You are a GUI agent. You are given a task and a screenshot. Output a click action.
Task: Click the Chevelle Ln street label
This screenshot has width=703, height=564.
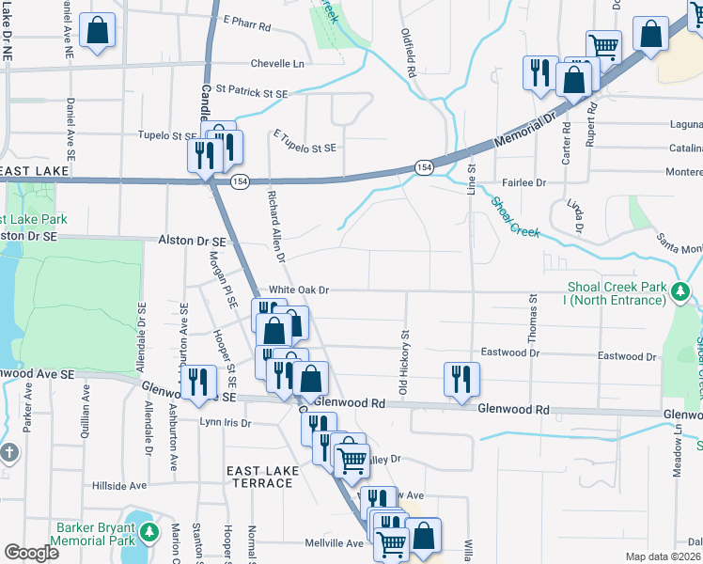(277, 64)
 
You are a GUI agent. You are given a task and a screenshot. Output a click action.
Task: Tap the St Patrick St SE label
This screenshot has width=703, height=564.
(251, 92)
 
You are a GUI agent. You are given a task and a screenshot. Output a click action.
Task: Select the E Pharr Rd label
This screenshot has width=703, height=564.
(248, 19)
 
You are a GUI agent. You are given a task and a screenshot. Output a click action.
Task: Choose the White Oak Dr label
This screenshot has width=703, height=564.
(299, 290)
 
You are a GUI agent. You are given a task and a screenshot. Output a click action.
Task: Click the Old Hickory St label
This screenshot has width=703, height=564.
(405, 361)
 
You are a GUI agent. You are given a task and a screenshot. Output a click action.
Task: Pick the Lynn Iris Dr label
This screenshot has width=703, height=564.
(226, 423)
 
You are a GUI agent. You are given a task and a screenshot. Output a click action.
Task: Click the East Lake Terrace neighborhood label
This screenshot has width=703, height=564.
(259, 475)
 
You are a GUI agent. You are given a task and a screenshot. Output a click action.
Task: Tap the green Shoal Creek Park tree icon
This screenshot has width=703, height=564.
(680, 293)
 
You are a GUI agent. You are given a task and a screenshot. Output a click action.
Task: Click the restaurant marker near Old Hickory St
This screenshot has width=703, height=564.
(461, 380)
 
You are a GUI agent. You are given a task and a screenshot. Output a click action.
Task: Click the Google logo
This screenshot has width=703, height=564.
(31, 553)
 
